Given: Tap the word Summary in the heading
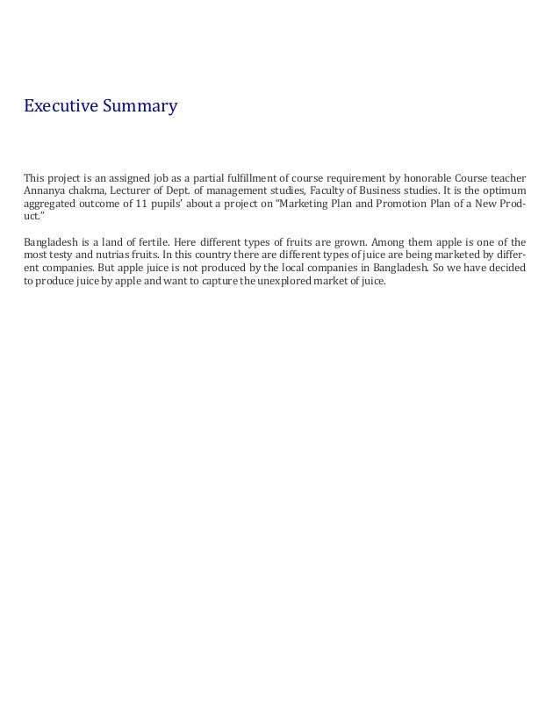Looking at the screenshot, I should [140, 107].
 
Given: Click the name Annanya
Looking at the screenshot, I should [43, 190].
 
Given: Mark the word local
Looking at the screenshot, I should [296, 268].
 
